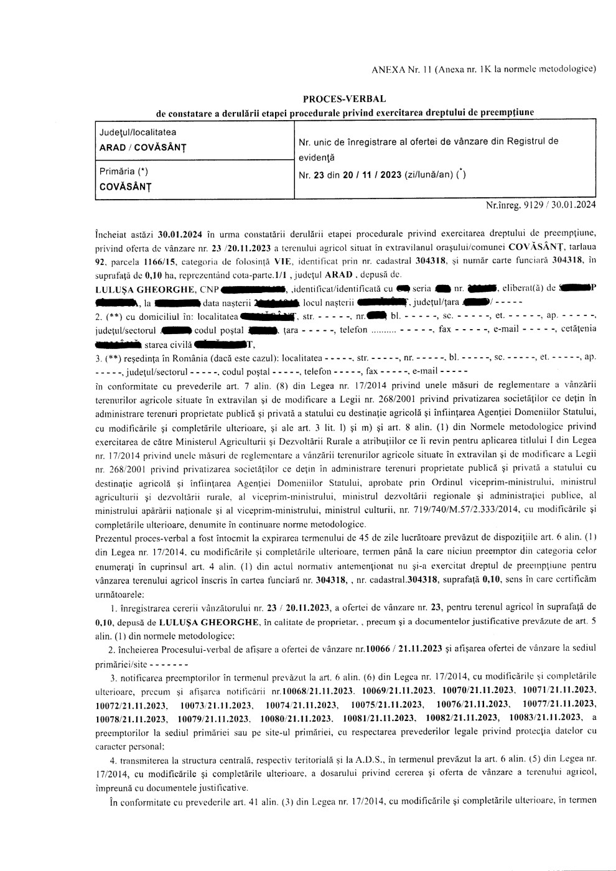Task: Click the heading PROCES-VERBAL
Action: click(x=344, y=99)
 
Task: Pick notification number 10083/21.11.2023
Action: click(x=546, y=718)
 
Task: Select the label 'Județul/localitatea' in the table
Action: click(x=138, y=133)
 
